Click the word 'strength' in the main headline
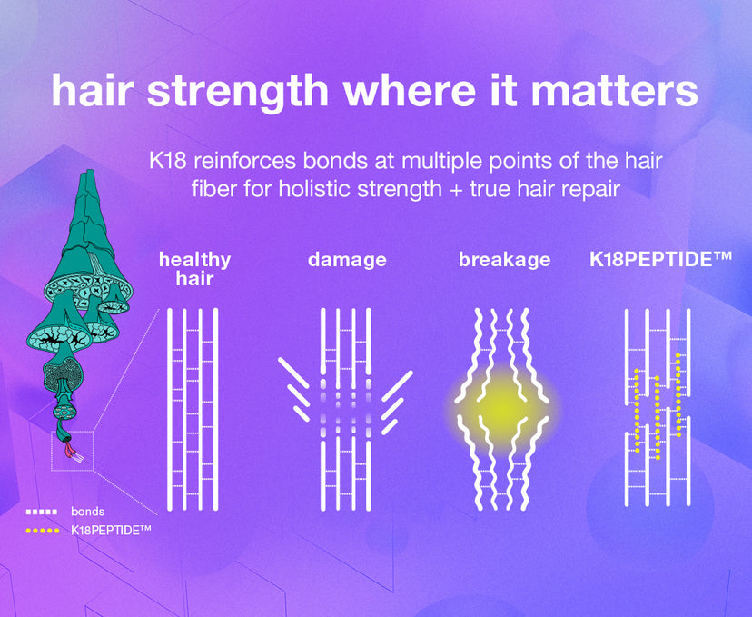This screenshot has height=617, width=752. click(x=237, y=91)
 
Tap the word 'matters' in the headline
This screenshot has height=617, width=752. click(x=614, y=90)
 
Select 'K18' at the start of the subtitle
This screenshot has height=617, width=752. click(x=167, y=161)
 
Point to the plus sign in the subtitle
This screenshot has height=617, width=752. click(x=455, y=189)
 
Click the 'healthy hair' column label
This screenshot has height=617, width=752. click(x=194, y=269)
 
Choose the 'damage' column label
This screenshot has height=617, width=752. click(x=347, y=260)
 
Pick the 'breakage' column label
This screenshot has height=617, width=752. click(x=505, y=260)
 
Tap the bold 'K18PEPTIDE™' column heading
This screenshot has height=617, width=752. click(x=660, y=259)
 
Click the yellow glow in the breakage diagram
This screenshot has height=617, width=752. click(x=502, y=408)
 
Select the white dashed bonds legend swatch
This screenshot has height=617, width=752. click(x=42, y=512)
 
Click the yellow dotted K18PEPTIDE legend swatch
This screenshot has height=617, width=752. click(x=43, y=531)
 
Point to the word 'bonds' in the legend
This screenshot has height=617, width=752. click(x=88, y=512)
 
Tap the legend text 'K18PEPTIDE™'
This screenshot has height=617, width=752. click(x=112, y=530)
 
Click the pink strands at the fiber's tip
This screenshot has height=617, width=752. click(x=71, y=448)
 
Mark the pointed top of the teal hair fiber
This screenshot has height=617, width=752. click(x=89, y=171)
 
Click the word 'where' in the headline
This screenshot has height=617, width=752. click(x=407, y=90)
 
